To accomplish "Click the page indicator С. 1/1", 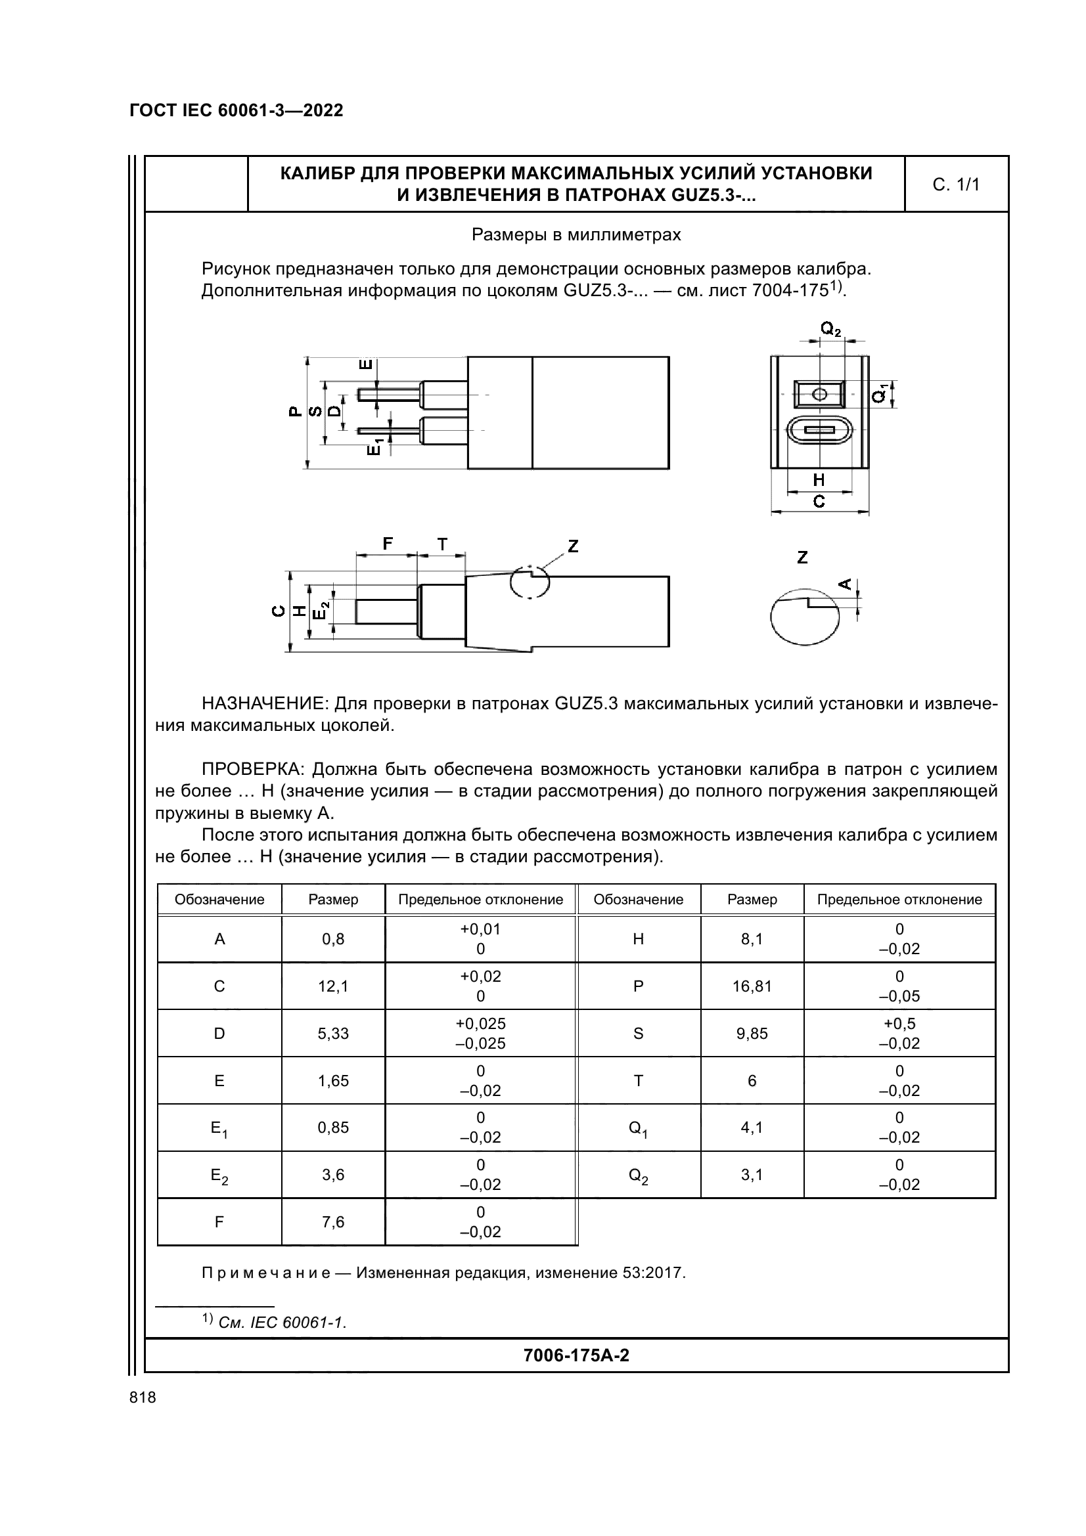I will [x=955, y=185].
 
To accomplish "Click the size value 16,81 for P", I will [x=752, y=986].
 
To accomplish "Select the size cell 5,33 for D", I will [x=333, y=1034].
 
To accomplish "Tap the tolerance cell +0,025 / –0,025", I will [x=480, y=1034].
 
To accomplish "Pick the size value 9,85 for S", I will [x=752, y=1034].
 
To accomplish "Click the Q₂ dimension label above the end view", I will [x=830, y=328].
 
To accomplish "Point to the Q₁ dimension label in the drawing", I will [x=881, y=393].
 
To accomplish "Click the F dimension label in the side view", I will [x=388, y=544].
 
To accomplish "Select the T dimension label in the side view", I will [x=442, y=544].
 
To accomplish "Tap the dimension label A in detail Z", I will [x=845, y=584].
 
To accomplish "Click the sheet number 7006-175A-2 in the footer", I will [x=576, y=1355].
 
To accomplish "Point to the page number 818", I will [x=143, y=1397].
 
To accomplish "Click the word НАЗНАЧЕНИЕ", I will [x=265, y=704].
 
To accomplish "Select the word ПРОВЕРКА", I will [x=254, y=770].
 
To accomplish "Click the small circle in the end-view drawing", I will [x=819, y=394].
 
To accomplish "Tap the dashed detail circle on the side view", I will [x=530, y=582].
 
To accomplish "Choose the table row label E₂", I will [x=219, y=1175].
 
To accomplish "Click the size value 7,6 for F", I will [x=333, y=1222].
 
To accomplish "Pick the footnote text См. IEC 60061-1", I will [x=282, y=1323].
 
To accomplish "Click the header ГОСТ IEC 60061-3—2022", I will [x=237, y=111].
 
